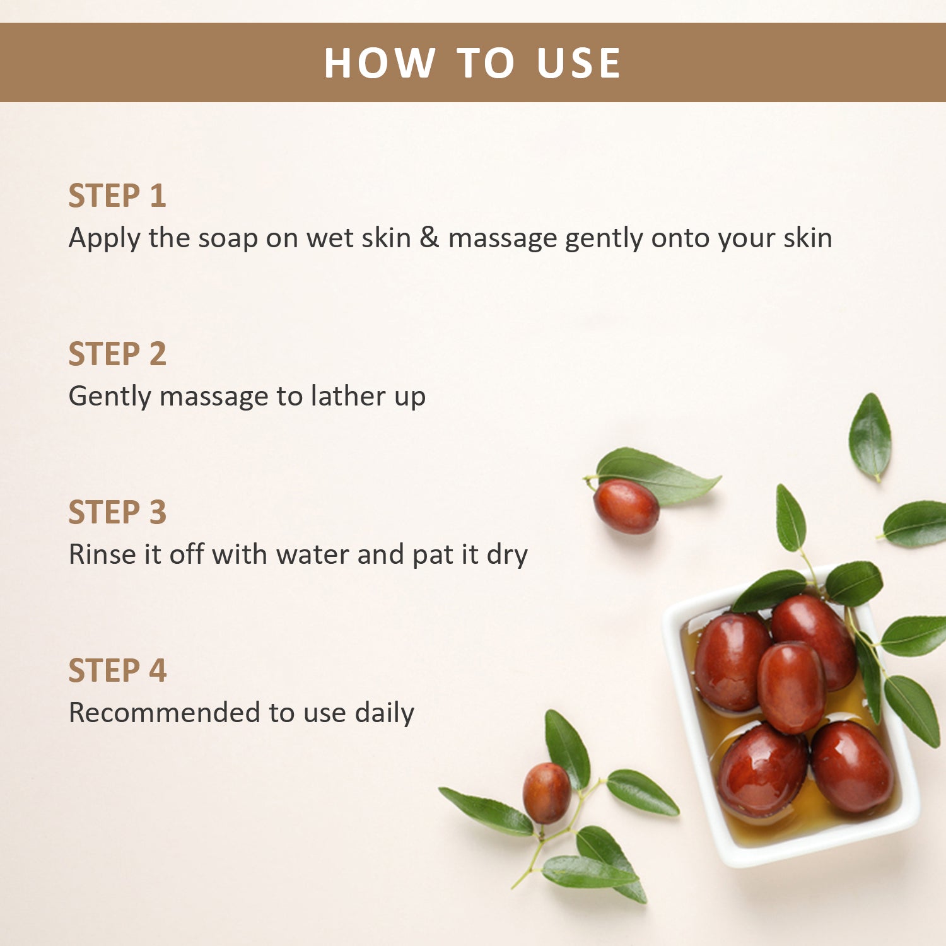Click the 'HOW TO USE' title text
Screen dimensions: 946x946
coord(472,63)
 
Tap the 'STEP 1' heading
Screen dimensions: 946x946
coord(117,196)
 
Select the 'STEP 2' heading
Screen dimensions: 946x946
coord(117,354)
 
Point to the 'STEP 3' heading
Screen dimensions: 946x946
coord(117,512)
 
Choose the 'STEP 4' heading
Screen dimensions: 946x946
coord(117,670)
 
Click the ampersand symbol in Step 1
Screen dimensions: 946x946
coord(429,238)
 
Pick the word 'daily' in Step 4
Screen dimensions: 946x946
coord(384,713)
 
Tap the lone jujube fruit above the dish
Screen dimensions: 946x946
coord(626,506)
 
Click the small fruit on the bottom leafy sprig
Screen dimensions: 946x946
coord(546,793)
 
